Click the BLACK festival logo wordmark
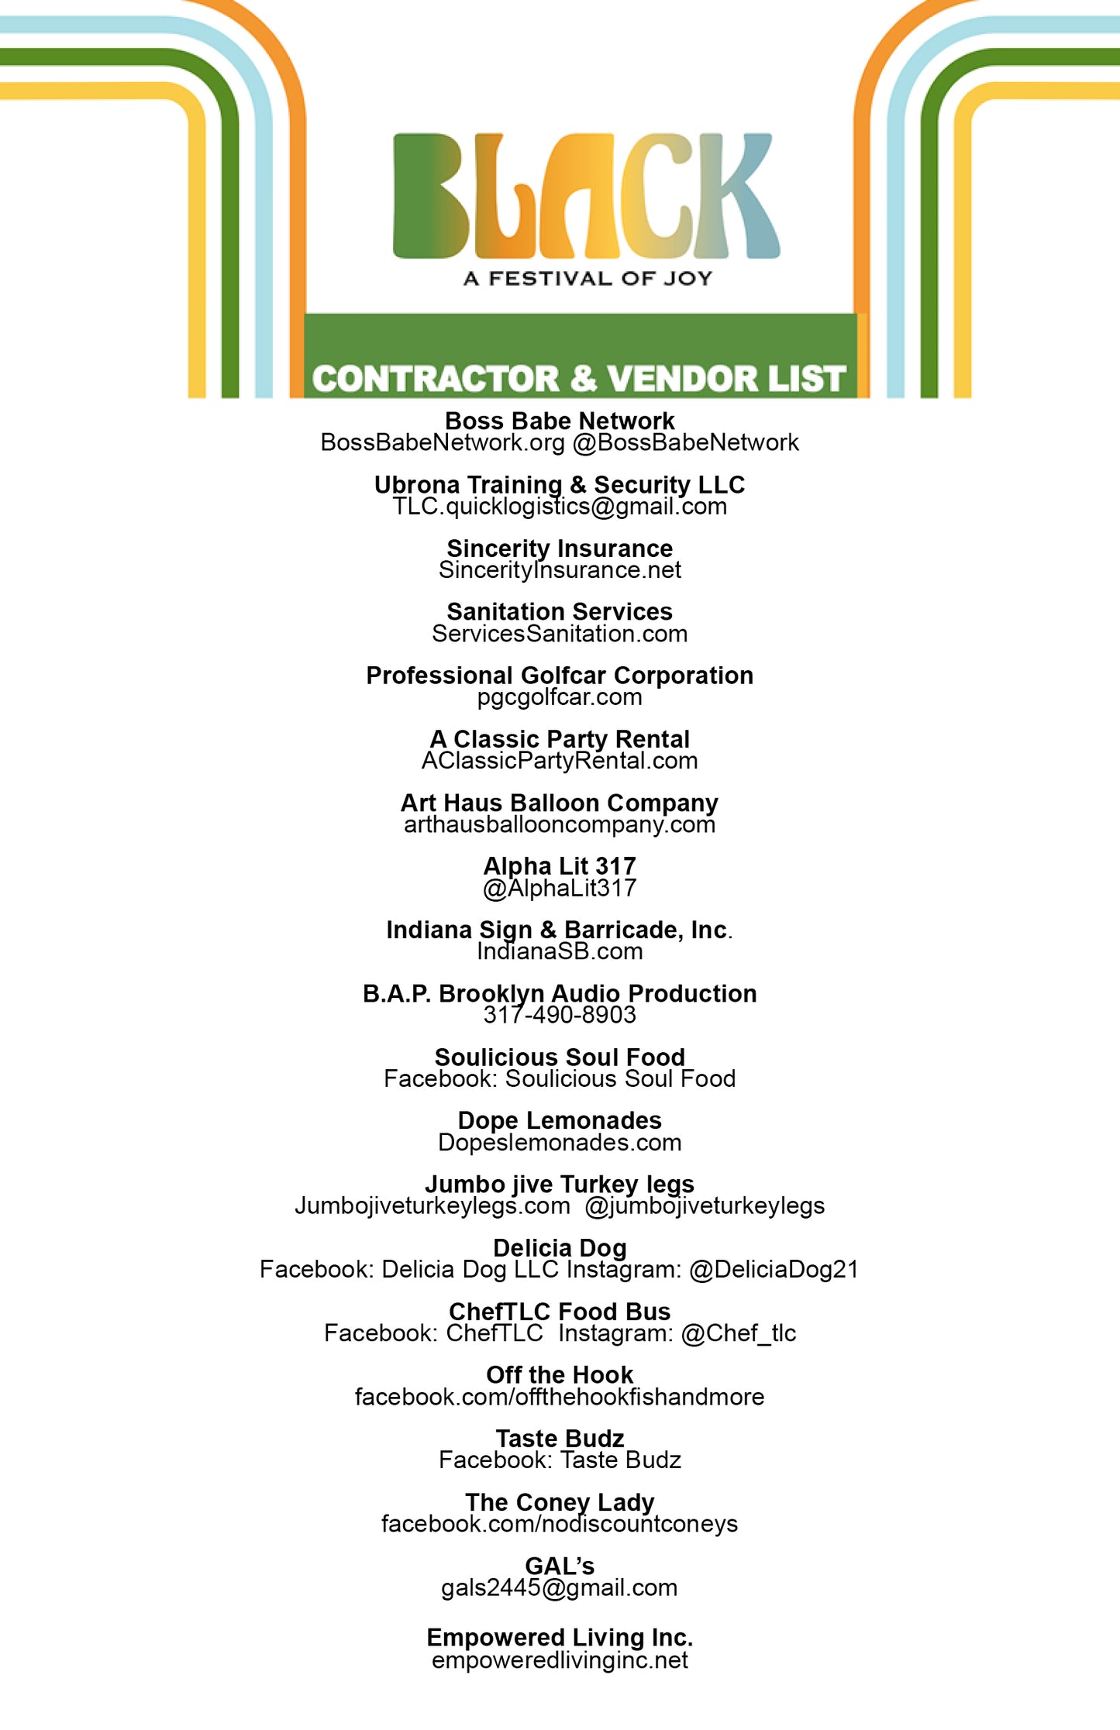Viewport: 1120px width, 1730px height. (x=586, y=196)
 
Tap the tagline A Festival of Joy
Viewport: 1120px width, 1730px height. (x=588, y=279)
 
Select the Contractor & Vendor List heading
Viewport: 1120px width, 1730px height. (x=578, y=379)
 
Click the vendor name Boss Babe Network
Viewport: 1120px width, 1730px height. (x=560, y=421)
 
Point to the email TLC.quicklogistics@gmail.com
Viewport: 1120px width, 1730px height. (x=560, y=507)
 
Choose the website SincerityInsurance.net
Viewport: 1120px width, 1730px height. (x=560, y=570)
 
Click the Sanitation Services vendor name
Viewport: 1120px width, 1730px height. (x=560, y=612)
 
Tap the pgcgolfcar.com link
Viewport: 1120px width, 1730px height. (x=560, y=697)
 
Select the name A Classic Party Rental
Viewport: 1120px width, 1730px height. (x=560, y=739)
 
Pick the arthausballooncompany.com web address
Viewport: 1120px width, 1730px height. (x=560, y=824)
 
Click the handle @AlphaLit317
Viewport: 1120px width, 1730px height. (x=560, y=888)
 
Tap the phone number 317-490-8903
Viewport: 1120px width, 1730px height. (x=560, y=1015)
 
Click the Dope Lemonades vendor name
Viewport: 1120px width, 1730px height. (x=560, y=1120)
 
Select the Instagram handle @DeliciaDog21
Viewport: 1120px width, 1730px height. (x=774, y=1269)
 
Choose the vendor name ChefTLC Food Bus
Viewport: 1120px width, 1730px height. (x=560, y=1311)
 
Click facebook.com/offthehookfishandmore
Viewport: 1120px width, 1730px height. (x=560, y=1396)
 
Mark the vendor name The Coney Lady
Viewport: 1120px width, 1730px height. (x=560, y=1502)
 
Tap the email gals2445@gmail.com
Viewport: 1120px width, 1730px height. (x=560, y=1587)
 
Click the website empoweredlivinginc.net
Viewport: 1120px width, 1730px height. (x=560, y=1660)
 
